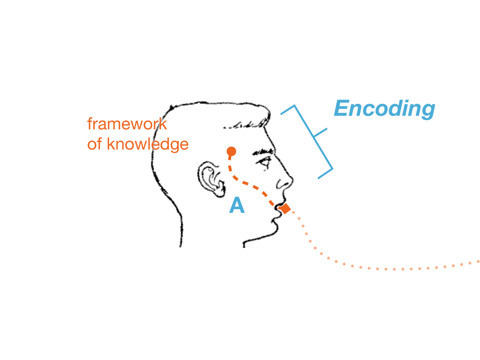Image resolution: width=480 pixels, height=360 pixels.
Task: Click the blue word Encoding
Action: pyautogui.click(x=384, y=109)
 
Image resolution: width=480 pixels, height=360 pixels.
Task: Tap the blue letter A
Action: pyautogui.click(x=237, y=206)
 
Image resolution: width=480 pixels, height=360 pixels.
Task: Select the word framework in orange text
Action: pyautogui.click(x=127, y=125)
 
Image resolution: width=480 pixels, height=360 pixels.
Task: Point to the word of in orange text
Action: pyautogui.click(x=95, y=144)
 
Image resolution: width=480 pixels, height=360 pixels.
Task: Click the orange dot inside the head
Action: pyautogui.click(x=231, y=151)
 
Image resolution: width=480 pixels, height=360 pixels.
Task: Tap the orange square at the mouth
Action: pyautogui.click(x=285, y=209)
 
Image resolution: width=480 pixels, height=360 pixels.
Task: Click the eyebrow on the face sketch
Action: pyautogui.click(x=263, y=153)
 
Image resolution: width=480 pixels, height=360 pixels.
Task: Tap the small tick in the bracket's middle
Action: pyautogui.click(x=321, y=133)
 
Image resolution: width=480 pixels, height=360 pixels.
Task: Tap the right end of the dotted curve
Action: pyautogui.click(x=478, y=261)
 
